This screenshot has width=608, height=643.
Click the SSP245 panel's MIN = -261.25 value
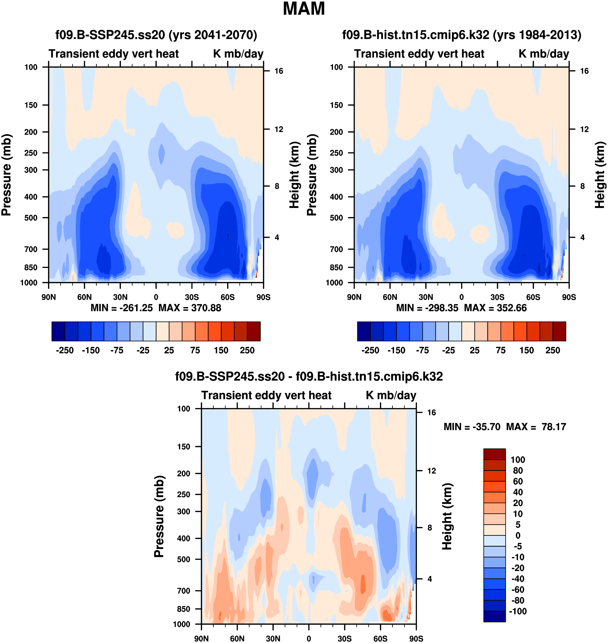(122, 308)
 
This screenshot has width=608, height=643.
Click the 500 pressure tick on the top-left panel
(31, 218)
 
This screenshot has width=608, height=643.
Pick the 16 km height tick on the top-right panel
(584, 71)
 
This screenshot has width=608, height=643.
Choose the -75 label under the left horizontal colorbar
(117, 351)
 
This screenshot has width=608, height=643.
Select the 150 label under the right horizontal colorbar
(527, 351)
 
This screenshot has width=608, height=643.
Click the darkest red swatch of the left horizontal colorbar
(254, 331)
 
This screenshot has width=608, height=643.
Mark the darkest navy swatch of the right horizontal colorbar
(364, 331)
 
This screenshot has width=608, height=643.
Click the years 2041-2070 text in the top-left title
(213, 35)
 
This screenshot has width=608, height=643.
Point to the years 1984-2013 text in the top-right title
(537, 35)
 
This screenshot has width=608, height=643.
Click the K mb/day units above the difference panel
(391, 396)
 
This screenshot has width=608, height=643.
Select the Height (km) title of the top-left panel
(294, 175)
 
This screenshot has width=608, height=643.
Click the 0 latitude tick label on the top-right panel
(461, 297)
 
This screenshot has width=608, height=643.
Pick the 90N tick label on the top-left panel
(49, 297)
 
